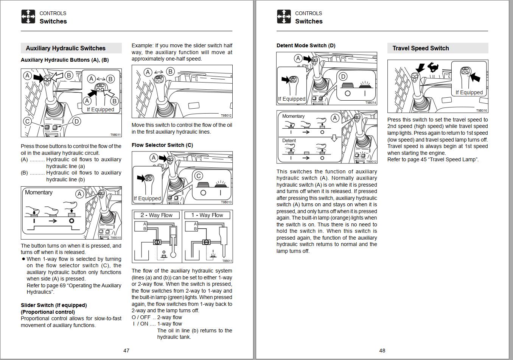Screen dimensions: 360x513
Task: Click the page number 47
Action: point(126,351)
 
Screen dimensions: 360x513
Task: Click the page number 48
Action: point(382,351)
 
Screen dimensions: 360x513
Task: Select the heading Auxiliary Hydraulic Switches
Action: point(65,48)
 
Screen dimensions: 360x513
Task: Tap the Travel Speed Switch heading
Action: point(420,48)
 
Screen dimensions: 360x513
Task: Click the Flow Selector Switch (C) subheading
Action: point(162,145)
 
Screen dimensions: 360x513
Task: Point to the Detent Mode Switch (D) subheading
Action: point(306,45)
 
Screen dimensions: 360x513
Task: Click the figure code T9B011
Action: point(115,135)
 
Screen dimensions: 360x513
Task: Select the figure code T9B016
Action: point(481,111)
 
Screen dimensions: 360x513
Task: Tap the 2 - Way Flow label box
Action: point(156,215)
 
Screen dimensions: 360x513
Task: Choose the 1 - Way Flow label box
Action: point(207,215)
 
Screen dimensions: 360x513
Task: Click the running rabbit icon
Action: point(433,68)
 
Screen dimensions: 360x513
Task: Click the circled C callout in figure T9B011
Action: point(27,121)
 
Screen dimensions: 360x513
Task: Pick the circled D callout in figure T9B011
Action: point(76,121)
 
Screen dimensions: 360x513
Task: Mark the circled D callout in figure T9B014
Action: point(343,76)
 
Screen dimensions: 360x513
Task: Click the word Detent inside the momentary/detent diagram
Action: point(289,140)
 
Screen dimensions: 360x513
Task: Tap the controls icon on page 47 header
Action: point(28,17)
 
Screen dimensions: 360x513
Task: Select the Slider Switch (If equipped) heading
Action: point(54,305)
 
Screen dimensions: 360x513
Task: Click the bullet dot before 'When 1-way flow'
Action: point(23,259)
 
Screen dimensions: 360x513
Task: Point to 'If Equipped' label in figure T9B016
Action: point(469,92)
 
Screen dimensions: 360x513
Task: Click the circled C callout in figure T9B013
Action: point(198,176)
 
